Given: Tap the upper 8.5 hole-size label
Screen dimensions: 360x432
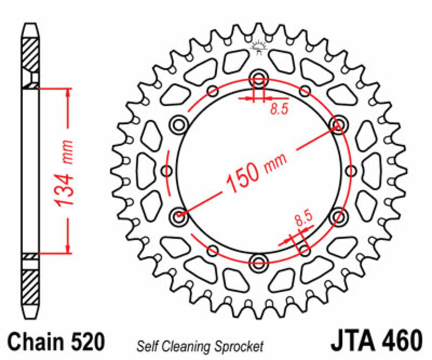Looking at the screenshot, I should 279,109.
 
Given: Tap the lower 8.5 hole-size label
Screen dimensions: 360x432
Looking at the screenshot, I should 303,219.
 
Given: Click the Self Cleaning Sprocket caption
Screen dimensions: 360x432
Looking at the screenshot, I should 200,345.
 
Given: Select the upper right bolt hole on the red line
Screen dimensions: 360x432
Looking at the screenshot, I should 339,125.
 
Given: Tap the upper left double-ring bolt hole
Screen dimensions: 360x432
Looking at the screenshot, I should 178,125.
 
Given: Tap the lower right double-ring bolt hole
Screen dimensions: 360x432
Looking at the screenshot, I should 339,217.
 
